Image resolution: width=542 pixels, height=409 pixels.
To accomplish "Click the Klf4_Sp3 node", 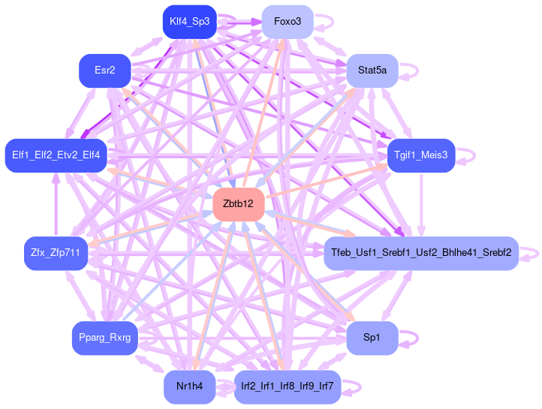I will [x=189, y=21].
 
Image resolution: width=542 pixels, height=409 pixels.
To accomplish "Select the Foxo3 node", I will [x=288, y=21].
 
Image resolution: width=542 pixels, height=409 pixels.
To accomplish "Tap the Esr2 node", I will [x=105, y=70].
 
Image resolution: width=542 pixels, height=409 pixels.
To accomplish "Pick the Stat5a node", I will [x=372, y=70].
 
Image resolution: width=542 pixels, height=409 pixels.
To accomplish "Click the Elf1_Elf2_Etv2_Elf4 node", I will [x=56, y=155].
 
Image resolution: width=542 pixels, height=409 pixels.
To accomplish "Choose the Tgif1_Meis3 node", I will [x=421, y=155].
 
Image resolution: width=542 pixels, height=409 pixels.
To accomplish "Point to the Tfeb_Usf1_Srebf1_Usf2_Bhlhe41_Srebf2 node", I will [x=421, y=253].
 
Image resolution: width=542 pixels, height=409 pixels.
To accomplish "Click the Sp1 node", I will [x=372, y=338].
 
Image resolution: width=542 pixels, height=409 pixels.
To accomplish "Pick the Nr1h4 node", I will [x=189, y=387].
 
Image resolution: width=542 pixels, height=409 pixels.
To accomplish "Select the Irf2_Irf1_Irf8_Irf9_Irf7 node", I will [x=288, y=387].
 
